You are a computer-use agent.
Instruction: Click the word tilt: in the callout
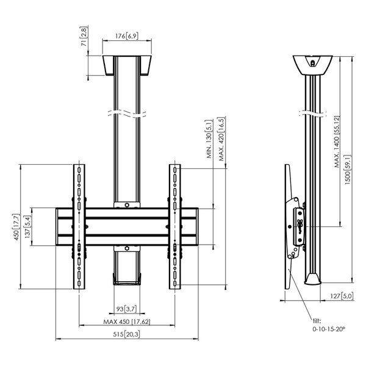[x=317, y=321]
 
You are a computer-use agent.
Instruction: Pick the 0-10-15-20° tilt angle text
[x=329, y=329]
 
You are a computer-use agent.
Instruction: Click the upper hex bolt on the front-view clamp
[x=127, y=205]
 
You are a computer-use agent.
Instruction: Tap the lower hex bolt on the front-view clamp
[x=127, y=248]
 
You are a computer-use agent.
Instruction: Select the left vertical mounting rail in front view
[x=79, y=227]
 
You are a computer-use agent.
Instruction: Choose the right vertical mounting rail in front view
[x=175, y=227]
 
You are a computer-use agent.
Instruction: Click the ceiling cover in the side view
[x=312, y=65]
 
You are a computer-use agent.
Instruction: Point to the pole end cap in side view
[x=313, y=279]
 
